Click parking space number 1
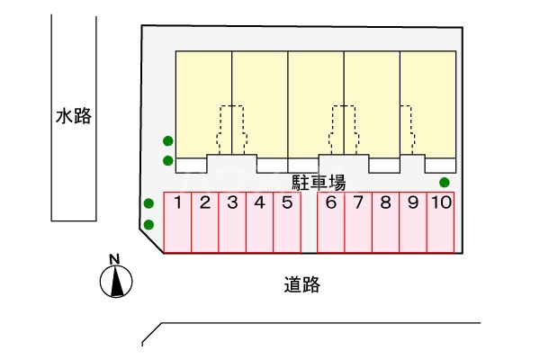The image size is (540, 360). coord(178,222)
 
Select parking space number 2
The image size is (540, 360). coord(205,222)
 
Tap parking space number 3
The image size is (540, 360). coord(232,222)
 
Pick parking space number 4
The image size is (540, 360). coord(259,222)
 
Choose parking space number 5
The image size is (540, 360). coord(286,222)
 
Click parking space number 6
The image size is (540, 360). coord(331,222)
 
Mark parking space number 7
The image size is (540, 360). coord(358,222)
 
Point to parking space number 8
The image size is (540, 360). coord(385,222)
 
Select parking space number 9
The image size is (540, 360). coord(412,222)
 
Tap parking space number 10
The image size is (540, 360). coord(440,222)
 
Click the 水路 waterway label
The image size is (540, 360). coord(73,116)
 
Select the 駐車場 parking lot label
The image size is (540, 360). coord(319,181)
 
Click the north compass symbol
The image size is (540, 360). coord(115,283)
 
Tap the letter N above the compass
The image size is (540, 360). coord(114,260)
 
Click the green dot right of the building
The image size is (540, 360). coord(444,183)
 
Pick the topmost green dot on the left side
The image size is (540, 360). coord(167,140)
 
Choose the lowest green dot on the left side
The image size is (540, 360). coord(149,224)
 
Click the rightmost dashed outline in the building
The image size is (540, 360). coord(406,126)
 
